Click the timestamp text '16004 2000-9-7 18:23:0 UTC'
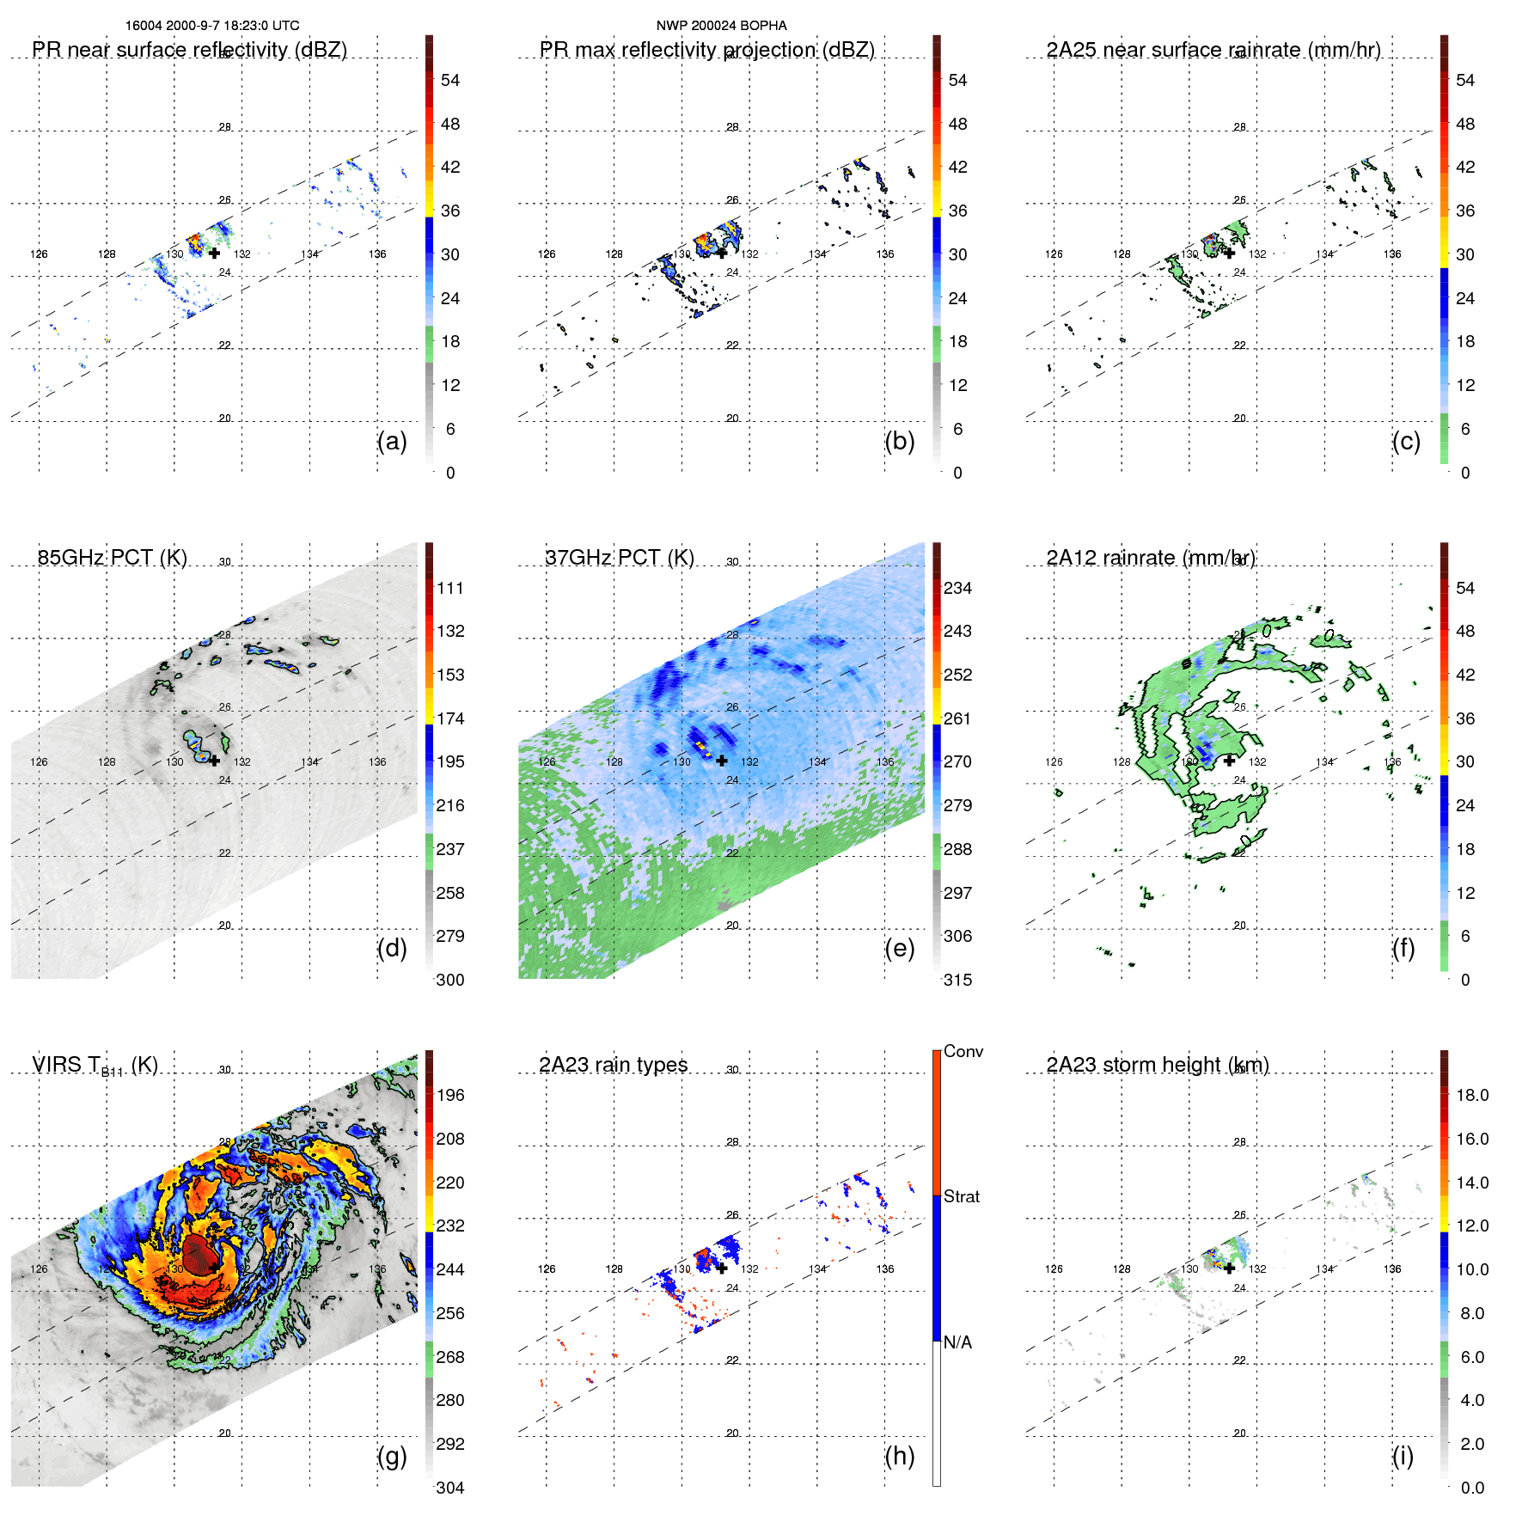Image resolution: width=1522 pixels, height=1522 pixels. point(212,26)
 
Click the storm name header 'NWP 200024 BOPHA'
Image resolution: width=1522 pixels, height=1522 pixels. point(721,26)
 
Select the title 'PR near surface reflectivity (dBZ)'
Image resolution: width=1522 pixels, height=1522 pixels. point(189,50)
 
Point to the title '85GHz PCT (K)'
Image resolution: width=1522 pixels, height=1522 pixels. point(112,558)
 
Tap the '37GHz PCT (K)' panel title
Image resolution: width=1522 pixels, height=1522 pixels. point(619,558)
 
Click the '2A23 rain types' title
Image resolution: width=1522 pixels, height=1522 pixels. point(613,1065)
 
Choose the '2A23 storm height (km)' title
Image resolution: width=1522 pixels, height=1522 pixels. point(1157,1065)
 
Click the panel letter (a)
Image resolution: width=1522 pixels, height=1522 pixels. point(392,441)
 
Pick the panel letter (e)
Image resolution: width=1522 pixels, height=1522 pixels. point(899,948)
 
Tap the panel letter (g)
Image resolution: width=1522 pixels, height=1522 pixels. point(392,1456)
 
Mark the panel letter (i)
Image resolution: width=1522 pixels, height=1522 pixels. point(1403,1456)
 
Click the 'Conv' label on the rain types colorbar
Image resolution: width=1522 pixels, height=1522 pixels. point(963,1051)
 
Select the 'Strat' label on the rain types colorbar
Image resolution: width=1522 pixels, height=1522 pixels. point(961,1196)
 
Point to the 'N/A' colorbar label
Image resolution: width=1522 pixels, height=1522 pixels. point(957,1342)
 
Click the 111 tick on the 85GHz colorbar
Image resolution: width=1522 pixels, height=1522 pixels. point(450,588)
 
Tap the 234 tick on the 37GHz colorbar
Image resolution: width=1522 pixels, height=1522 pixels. point(957,588)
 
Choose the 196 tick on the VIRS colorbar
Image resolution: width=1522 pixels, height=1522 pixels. point(450,1095)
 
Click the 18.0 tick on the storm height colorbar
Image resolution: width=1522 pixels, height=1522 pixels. point(1471,1095)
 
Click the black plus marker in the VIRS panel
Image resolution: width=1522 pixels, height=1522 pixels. point(214,1268)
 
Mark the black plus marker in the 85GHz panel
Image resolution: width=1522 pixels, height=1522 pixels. point(214,761)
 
